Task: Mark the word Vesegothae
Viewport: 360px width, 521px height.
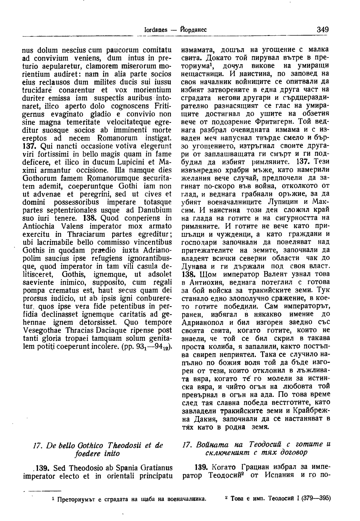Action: tap(42, 331)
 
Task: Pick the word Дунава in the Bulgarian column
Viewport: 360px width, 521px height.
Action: tap(193, 266)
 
